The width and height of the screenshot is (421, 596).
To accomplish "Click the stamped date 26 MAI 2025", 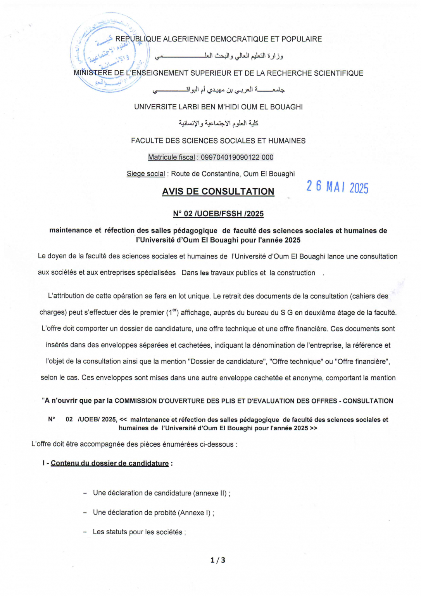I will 337,187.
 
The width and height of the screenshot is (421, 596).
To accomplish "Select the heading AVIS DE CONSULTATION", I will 218,191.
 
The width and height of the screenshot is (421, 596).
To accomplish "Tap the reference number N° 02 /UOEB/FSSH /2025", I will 218,214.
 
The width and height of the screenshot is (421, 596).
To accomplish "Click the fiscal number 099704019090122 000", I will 237,157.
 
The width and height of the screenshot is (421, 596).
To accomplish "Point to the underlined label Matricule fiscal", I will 171,157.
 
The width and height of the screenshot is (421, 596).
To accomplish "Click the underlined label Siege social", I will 146,174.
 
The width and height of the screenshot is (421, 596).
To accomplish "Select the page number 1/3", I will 217,560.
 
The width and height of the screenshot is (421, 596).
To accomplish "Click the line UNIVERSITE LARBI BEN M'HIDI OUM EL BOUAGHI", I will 218,107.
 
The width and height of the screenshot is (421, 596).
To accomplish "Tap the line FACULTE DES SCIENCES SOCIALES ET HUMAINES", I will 218,140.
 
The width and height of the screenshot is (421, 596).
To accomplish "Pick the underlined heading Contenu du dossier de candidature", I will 110,463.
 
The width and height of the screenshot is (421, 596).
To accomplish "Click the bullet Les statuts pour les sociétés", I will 139,532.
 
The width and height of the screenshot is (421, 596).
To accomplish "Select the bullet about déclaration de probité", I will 153,513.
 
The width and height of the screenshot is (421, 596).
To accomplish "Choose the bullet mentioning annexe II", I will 161,493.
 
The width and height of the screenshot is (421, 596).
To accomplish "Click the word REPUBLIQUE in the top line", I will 138,39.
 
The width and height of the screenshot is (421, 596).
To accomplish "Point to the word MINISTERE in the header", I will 93,73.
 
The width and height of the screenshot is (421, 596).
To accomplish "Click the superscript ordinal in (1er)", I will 174,310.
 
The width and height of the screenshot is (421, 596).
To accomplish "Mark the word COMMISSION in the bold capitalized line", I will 136,401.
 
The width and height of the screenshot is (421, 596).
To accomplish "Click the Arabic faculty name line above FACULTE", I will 218,123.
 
